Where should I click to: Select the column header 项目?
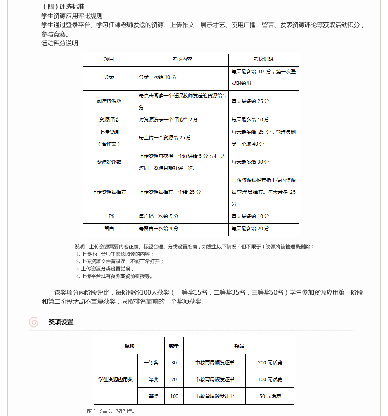109,59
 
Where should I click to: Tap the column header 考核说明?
263,59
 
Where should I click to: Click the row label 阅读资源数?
109,101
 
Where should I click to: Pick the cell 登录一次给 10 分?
158,77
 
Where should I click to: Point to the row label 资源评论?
109,120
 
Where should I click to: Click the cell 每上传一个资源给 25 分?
165,138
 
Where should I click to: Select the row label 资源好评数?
109,162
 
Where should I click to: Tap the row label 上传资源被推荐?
109,192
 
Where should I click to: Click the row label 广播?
109,216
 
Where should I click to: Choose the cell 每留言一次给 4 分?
158,228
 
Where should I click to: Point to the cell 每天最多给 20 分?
250,228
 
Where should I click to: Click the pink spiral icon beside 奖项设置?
34,322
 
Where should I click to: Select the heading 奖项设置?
61,322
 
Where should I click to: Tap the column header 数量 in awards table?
174,346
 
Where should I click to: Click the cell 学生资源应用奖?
116,380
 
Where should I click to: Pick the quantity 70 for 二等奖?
174,380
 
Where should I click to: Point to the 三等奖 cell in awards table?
151,396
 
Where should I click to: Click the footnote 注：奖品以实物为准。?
111,411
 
